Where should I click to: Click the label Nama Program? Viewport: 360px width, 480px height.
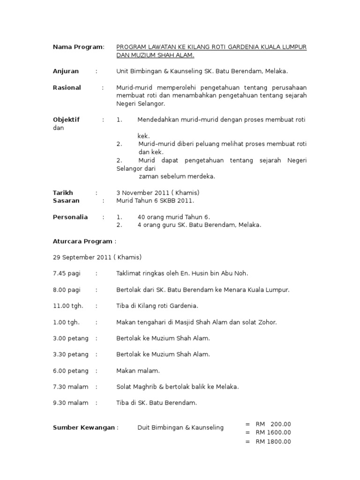pyautogui.click(x=77, y=47)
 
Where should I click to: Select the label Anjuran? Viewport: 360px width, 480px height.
pyautogui.click(x=66, y=71)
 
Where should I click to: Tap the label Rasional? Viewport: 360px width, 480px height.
pyautogui.click(x=67, y=88)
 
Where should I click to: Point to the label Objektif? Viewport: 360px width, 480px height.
pyautogui.click(x=66, y=120)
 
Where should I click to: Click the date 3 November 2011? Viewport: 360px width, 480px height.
pyautogui.click(x=142, y=193)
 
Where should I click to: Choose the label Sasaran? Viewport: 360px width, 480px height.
pyautogui.click(x=66, y=201)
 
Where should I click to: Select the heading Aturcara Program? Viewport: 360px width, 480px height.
pyautogui.click(x=82, y=241)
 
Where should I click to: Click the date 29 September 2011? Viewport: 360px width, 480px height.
pyautogui.click(x=82, y=257)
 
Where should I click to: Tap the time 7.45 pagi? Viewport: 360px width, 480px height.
pyautogui.click(x=67, y=273)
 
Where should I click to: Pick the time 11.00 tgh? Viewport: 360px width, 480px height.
pyautogui.click(x=68, y=306)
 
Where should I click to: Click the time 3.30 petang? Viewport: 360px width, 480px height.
pyautogui.click(x=71, y=354)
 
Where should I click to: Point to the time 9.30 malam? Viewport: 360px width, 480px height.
pyautogui.click(x=70, y=403)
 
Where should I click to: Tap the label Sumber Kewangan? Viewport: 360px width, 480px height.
pyautogui.click(x=84, y=427)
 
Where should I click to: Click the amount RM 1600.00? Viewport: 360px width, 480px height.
pyautogui.click(x=273, y=433)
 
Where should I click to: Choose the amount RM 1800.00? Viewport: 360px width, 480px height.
pyautogui.click(x=273, y=442)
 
